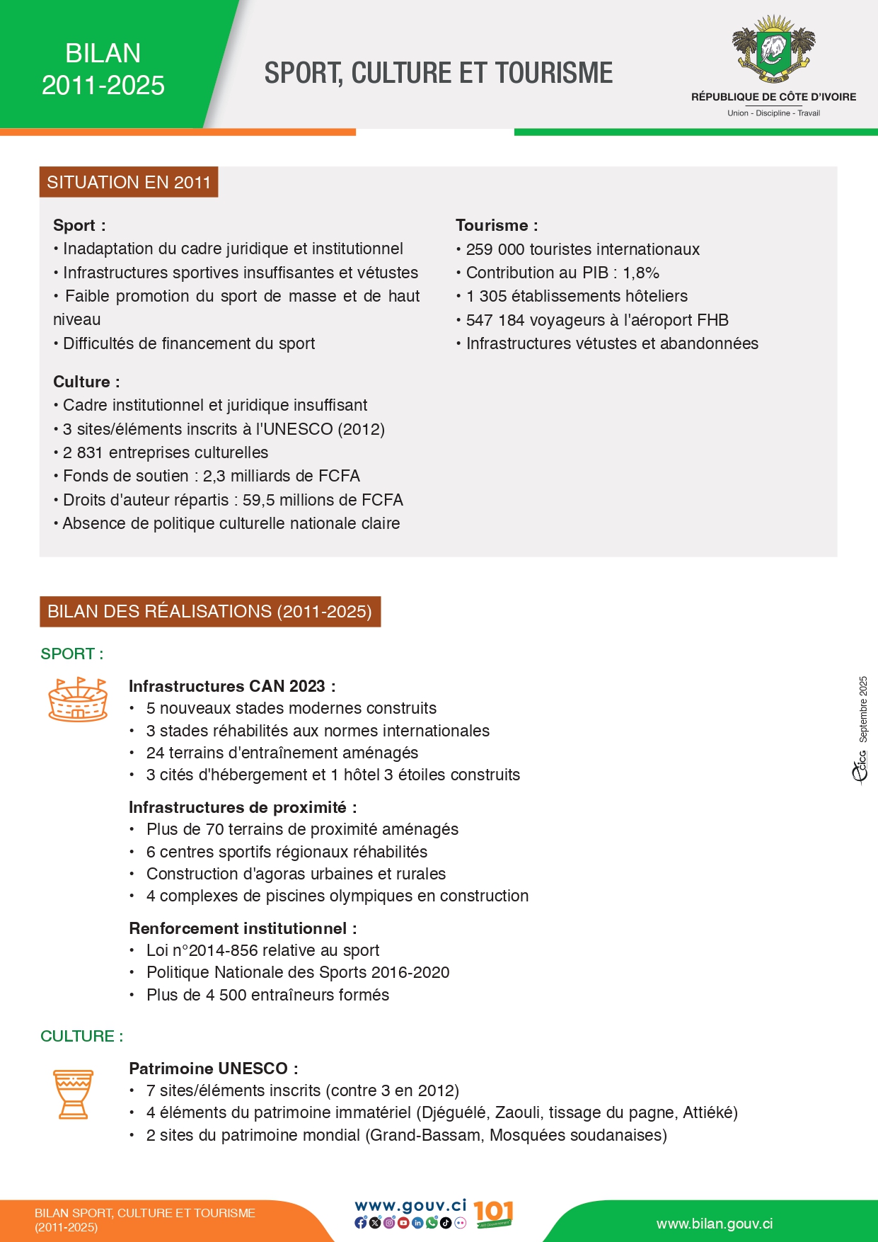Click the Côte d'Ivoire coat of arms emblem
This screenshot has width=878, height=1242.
[773, 50]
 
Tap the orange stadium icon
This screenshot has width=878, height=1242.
[78, 700]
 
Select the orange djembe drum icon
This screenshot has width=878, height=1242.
[74, 1094]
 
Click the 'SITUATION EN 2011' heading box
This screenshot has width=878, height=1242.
[129, 183]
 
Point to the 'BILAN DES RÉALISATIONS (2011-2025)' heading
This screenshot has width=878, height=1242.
[210, 612]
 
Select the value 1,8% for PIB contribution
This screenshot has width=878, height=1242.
[641, 273]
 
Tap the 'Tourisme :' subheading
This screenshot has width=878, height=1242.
[497, 225]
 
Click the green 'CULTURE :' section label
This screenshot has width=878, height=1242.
[82, 1036]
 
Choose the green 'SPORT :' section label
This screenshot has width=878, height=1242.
[72, 654]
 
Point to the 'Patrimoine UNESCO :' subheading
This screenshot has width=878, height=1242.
[213, 1069]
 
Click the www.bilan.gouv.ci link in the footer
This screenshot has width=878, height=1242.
[715, 1224]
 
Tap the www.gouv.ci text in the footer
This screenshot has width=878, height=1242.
[410, 1206]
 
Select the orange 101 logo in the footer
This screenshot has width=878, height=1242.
[493, 1214]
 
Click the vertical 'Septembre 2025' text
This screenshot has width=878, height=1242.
[863, 709]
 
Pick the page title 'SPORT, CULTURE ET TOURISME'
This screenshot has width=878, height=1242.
[439, 74]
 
